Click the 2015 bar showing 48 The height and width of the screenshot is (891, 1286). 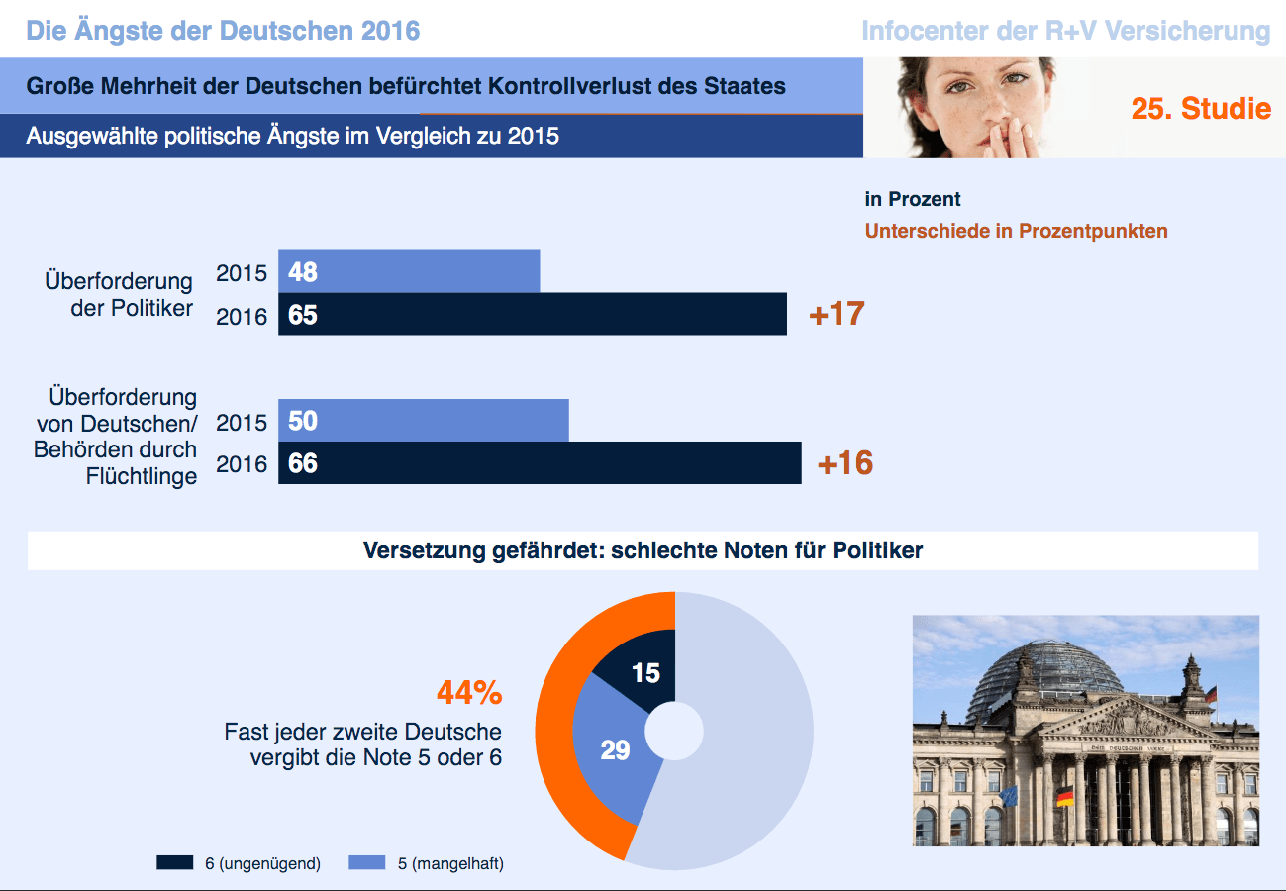(409, 271)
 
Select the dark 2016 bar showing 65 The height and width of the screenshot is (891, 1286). (532, 314)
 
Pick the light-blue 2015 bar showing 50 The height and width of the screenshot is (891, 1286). (423, 421)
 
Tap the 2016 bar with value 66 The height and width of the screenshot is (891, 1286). (540, 462)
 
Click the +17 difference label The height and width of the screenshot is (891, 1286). (837, 314)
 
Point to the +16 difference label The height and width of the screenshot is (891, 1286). (845, 462)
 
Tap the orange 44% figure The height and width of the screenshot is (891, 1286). (469, 694)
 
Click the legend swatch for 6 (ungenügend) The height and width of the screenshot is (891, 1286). (174, 863)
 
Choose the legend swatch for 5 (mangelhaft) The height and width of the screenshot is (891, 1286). (367, 863)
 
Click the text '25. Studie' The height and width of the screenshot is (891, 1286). (1201, 108)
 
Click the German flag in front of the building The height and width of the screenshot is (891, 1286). (1065, 796)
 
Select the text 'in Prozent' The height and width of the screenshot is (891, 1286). (912, 200)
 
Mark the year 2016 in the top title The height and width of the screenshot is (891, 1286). (390, 30)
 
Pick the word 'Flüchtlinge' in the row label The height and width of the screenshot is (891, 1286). (142, 476)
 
